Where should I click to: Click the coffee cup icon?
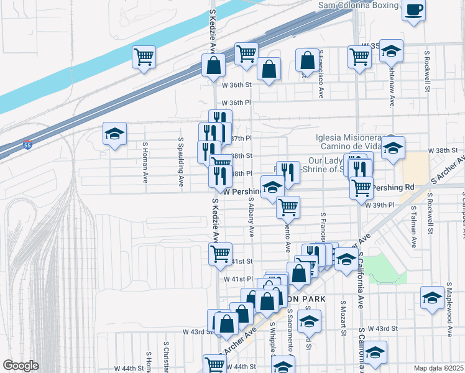click(414, 10)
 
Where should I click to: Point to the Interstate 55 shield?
click(27, 145)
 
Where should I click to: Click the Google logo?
click(21, 366)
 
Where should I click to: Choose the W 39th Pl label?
click(384, 205)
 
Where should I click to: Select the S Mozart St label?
click(343, 318)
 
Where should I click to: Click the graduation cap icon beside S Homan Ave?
click(115, 134)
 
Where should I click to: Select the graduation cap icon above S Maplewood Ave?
click(432, 297)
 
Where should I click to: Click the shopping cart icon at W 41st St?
click(221, 254)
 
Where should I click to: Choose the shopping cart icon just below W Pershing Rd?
click(288, 207)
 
